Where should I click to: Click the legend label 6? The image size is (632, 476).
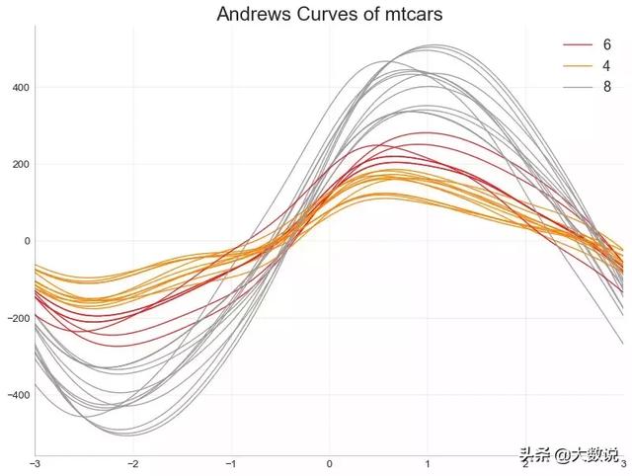(606, 45)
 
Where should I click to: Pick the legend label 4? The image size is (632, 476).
(606, 66)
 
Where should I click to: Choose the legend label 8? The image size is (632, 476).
(606, 87)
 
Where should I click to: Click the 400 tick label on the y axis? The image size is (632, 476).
(21, 87)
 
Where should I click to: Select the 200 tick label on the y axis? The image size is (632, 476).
(21, 164)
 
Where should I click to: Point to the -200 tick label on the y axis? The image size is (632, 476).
(19, 318)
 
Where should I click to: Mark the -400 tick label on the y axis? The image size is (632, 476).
(19, 395)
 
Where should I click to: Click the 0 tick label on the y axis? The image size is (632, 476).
(27, 241)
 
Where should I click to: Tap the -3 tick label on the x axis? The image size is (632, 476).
(36, 463)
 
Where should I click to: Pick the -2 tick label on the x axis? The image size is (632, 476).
(133, 463)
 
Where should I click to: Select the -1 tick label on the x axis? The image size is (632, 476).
(231, 463)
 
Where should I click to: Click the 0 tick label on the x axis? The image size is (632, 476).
(330, 463)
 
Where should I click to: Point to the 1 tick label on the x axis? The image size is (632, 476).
(428, 463)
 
